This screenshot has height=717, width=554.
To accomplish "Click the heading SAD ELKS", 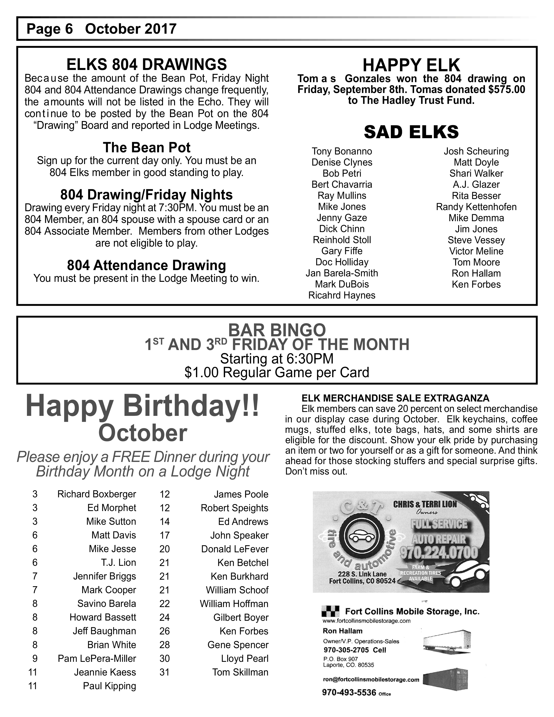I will [411, 132].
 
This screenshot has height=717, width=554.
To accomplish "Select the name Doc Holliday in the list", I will [342, 262].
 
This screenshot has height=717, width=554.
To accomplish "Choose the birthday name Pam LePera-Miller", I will [97, 658].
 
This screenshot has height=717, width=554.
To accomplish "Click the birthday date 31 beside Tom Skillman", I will [164, 672].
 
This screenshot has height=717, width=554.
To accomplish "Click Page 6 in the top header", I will [50, 29].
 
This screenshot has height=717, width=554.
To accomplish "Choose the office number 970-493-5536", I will [349, 693].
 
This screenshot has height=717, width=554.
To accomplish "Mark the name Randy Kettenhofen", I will [476, 207].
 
